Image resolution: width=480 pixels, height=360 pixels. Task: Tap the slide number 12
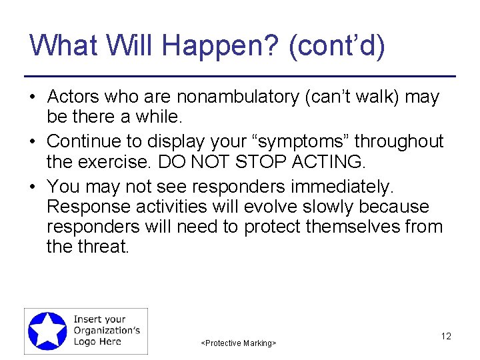click(446, 336)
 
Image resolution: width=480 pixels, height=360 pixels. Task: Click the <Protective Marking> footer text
click(239, 343)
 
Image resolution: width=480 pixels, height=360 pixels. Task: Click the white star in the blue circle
click(47, 331)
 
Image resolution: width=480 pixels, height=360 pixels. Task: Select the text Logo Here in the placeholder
click(97, 341)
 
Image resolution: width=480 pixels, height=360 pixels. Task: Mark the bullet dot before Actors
click(32, 98)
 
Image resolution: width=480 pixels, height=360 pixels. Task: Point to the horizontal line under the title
click(239, 76)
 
